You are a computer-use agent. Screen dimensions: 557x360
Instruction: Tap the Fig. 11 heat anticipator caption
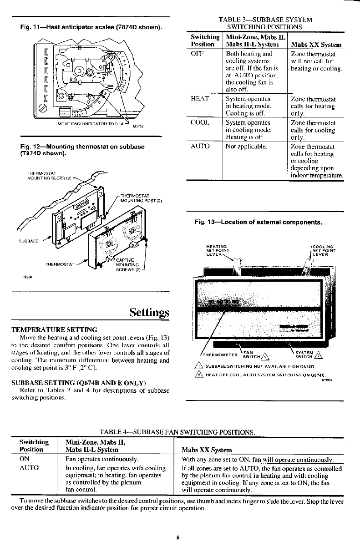point(91,28)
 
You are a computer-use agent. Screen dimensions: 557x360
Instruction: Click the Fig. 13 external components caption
point(259,223)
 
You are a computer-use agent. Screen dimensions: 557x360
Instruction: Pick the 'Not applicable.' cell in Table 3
point(246,147)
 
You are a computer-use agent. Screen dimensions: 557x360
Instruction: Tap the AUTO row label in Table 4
point(29,467)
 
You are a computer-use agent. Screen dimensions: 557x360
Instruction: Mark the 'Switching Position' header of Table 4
point(34,446)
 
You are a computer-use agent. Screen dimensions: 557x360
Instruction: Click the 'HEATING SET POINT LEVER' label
point(218,250)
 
